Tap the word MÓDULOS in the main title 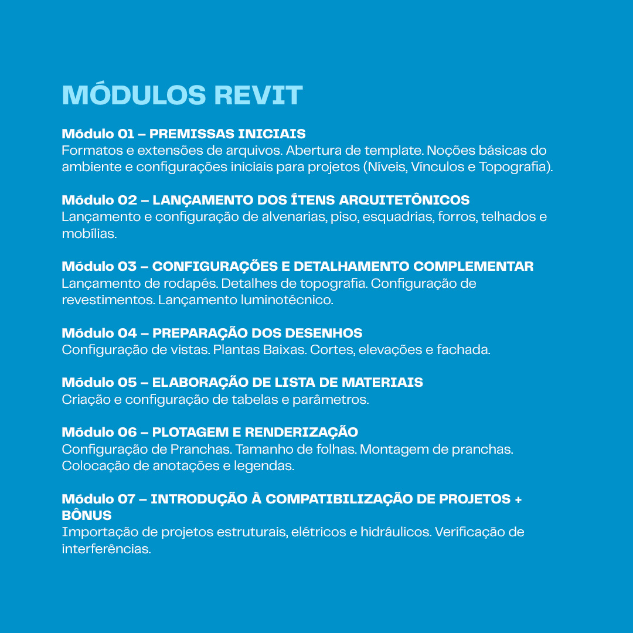click(x=134, y=96)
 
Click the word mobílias click(x=89, y=233)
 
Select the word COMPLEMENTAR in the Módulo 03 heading click(x=474, y=267)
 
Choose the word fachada click(x=464, y=350)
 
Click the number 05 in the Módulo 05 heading click(x=127, y=383)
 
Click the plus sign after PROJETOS click(x=518, y=499)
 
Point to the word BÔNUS click(x=87, y=516)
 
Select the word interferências click(x=106, y=549)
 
